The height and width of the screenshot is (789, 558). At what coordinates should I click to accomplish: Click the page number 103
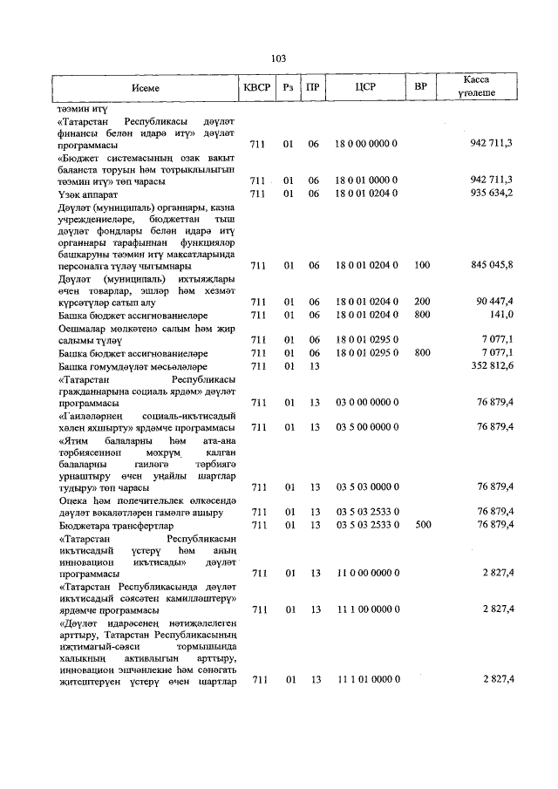(279, 59)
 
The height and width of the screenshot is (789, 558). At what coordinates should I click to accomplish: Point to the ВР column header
(421, 88)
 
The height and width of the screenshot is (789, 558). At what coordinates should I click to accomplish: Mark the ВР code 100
(423, 265)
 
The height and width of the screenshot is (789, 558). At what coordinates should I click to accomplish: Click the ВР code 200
(423, 302)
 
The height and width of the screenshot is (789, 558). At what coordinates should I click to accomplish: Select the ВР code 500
(423, 525)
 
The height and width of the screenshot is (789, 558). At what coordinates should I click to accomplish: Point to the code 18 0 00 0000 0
(366, 143)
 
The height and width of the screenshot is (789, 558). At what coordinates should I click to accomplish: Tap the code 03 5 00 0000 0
(366, 426)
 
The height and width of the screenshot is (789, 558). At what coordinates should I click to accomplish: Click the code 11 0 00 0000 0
(366, 573)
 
